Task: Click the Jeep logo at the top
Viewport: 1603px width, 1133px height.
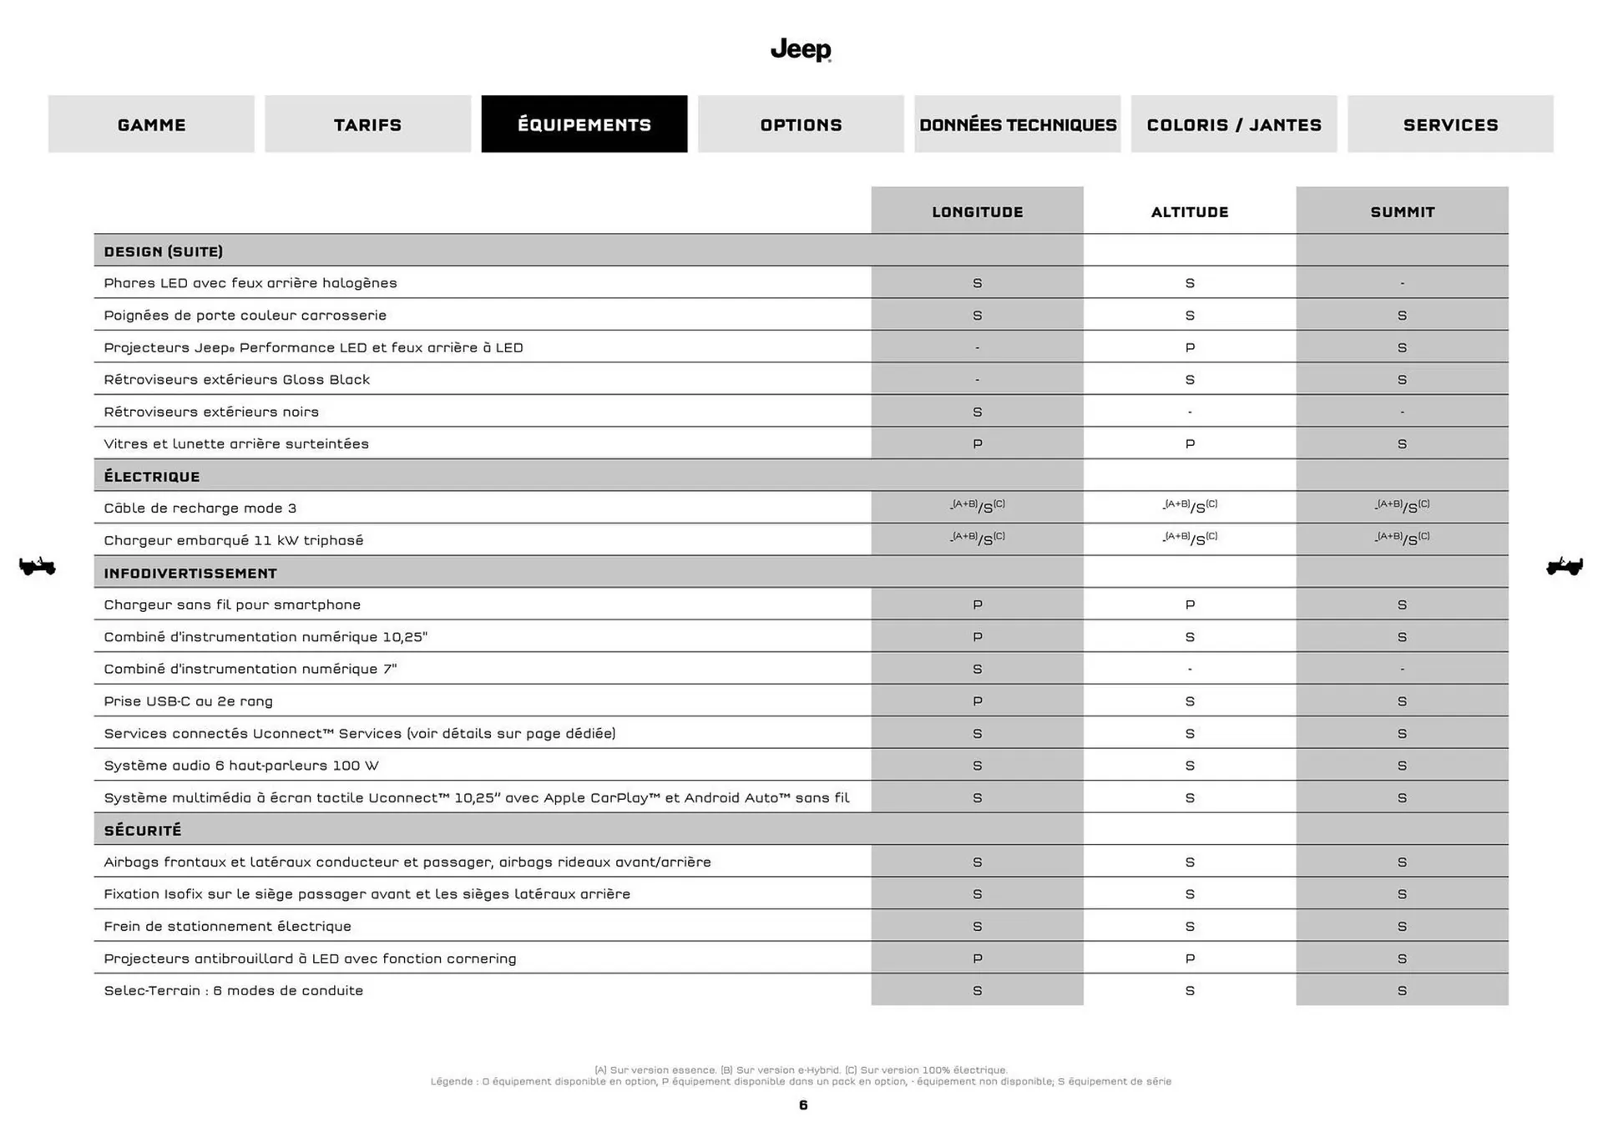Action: [x=801, y=50]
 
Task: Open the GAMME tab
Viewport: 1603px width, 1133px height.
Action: [x=151, y=124]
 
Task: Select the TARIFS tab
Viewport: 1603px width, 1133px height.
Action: [x=367, y=124]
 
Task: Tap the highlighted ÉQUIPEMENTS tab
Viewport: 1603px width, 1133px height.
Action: [x=584, y=124]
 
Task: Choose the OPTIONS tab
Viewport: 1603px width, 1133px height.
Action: [x=801, y=124]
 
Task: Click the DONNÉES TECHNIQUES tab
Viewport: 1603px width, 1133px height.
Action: [x=1018, y=124]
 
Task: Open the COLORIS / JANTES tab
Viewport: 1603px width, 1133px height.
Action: [x=1234, y=124]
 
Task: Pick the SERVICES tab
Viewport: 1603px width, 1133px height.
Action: [x=1450, y=124]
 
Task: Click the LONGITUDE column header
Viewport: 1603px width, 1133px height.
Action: [x=978, y=212]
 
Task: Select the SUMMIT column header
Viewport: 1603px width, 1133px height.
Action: [x=1403, y=212]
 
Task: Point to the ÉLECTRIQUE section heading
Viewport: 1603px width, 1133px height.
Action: [x=152, y=477]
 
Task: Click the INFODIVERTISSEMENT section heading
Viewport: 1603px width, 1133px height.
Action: [x=190, y=574]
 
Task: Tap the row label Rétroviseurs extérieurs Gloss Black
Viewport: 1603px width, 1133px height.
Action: [x=237, y=380]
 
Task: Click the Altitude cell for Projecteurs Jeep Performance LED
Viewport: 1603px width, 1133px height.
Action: [x=1190, y=347]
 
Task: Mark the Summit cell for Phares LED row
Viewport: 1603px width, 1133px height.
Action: [x=1403, y=283]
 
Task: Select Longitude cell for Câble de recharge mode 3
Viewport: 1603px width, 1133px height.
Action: [x=978, y=507]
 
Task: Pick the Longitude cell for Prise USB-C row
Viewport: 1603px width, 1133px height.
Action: [x=978, y=701]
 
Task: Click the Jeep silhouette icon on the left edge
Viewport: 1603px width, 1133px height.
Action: [x=38, y=567]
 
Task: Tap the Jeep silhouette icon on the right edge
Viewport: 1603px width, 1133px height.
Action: [x=1565, y=567]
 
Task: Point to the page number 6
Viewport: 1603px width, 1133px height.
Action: [x=803, y=1105]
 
